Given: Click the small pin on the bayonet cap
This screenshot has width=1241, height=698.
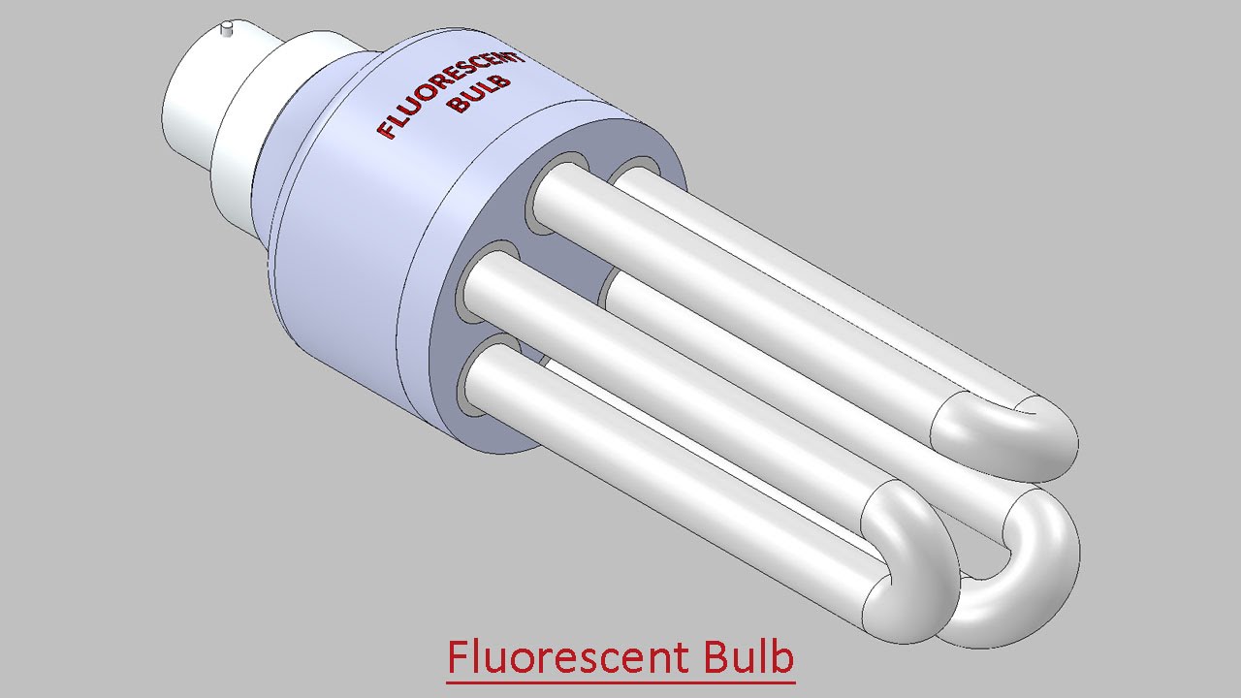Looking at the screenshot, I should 228,29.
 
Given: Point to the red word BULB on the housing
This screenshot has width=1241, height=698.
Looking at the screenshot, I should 479,92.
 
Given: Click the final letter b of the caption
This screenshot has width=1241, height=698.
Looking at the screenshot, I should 782,656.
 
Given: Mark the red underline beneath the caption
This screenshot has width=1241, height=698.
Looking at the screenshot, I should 620,682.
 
